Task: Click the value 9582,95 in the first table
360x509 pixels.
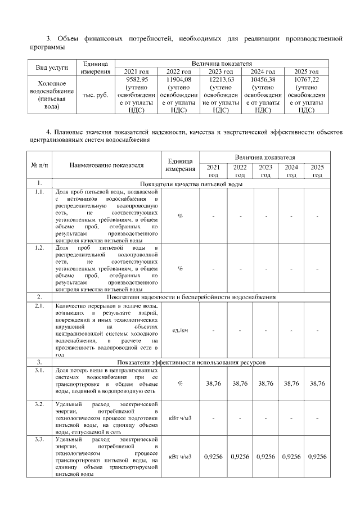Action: click(x=137, y=80)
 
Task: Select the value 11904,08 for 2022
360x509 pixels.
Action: click(x=179, y=80)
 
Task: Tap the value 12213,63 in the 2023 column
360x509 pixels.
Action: click(x=221, y=80)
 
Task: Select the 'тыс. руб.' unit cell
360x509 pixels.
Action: click(x=95, y=96)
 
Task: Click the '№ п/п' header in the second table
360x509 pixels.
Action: click(x=39, y=165)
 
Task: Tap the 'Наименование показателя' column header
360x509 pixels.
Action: click(x=106, y=165)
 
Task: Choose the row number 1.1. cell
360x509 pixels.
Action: click(x=39, y=192)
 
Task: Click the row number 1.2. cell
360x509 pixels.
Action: click(x=39, y=248)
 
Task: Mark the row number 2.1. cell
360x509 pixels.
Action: click(x=39, y=306)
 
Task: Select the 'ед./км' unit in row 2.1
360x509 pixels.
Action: click(x=180, y=330)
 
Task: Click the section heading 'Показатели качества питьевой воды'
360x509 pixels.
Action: click(x=191, y=184)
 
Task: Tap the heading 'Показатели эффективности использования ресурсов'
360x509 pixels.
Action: click(x=191, y=363)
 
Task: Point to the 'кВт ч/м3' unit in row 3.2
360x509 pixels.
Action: click(x=180, y=418)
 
